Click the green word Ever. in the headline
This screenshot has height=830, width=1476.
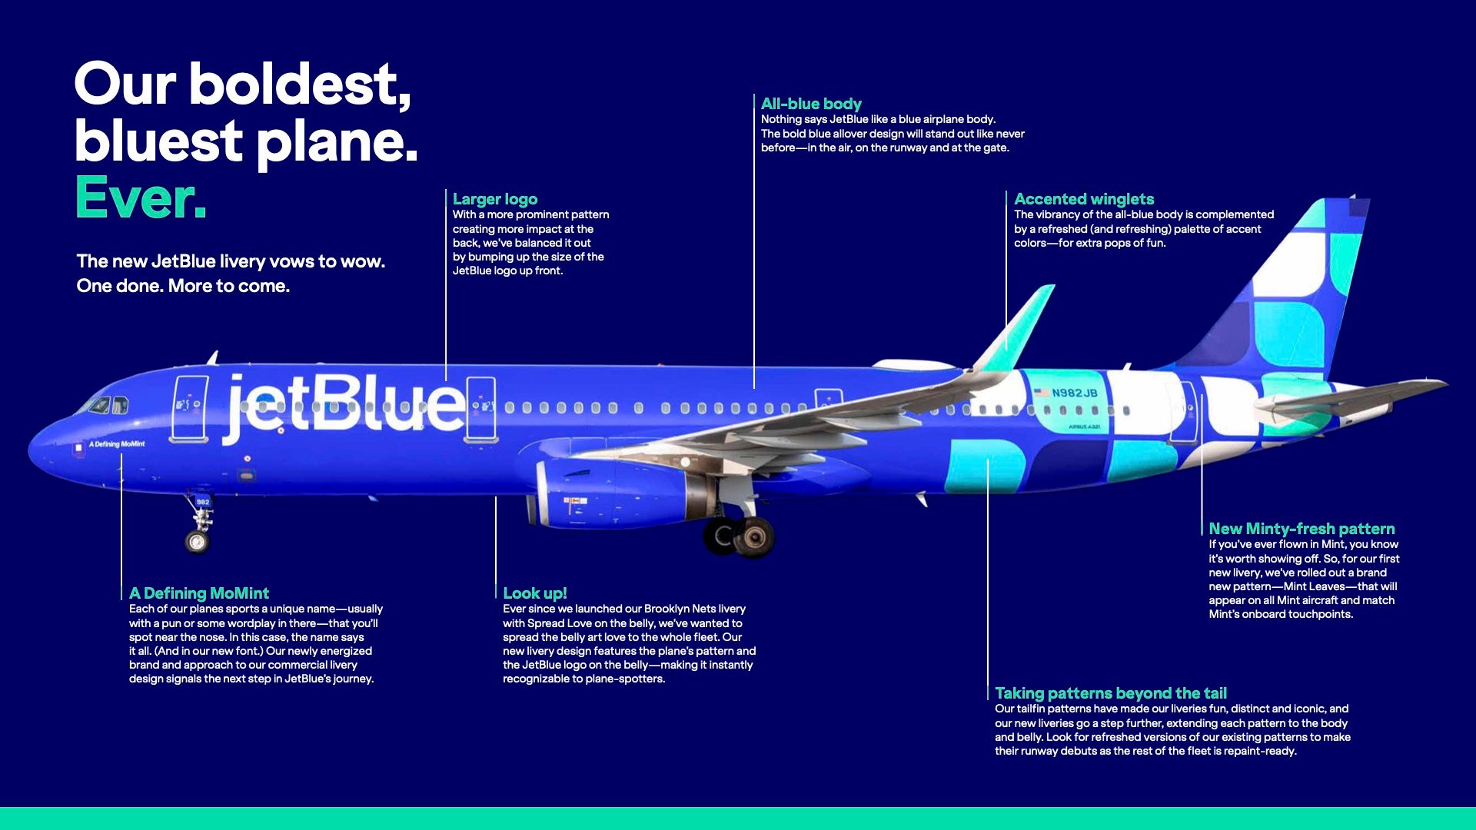pos(141,198)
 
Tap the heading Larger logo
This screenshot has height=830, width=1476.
pos(495,199)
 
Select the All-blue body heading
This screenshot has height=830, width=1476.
pos(811,104)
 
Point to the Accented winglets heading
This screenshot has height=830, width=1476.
pos(1084,199)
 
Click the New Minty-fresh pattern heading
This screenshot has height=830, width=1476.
pos(1301,529)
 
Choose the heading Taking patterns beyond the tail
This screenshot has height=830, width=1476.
pos(1111,693)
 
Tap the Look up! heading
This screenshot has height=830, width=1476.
pos(535,593)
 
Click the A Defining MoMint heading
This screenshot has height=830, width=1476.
pos(199,593)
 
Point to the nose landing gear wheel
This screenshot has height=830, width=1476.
pos(197,541)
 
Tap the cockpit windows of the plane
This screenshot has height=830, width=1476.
pos(108,405)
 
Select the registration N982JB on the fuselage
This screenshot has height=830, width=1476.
pos(1074,393)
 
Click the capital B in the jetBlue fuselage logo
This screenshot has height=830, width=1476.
pos(338,406)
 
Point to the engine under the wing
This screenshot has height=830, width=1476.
pos(615,494)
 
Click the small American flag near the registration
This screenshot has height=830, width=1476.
pos(1042,393)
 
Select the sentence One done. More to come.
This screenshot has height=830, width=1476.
pos(183,286)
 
